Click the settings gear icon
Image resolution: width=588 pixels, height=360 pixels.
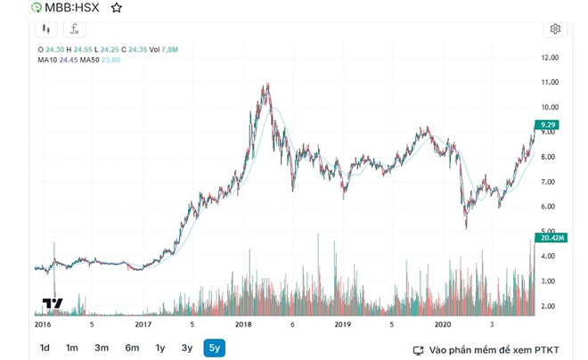coord(555,29)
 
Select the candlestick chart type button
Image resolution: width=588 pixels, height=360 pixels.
coord(45,29)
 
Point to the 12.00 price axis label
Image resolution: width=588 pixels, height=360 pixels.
coord(550,57)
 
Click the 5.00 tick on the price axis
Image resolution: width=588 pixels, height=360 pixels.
coord(550,232)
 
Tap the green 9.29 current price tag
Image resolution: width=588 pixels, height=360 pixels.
coord(548,124)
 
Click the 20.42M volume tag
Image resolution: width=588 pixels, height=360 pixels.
coord(548,238)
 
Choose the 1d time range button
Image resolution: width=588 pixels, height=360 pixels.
coord(44,348)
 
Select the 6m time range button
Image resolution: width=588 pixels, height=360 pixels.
coord(131,348)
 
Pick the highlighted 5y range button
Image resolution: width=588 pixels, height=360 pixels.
coord(214,348)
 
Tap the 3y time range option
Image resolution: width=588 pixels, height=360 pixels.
coord(187,348)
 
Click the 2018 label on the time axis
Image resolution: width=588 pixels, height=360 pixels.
coord(242,325)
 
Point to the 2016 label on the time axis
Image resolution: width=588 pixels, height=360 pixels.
coord(42,325)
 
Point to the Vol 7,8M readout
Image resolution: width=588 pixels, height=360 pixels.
coord(166,49)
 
